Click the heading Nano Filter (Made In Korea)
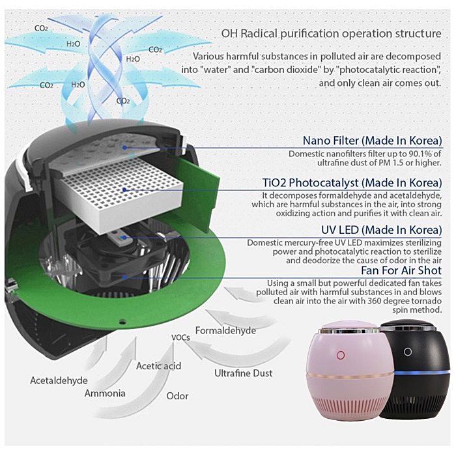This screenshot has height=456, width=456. tap(372, 141)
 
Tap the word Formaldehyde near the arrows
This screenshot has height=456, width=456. tap(225, 331)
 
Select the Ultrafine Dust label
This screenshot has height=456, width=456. tap(243, 373)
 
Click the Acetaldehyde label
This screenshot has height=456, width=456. tap(57, 379)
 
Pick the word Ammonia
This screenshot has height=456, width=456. tap(105, 393)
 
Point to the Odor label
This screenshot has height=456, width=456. tap(177, 396)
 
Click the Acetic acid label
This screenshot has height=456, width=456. tap(158, 366)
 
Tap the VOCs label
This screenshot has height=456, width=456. tap(180, 337)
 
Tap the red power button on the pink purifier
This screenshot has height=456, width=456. tap(340, 356)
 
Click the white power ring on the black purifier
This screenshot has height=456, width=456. tap(408, 352)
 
